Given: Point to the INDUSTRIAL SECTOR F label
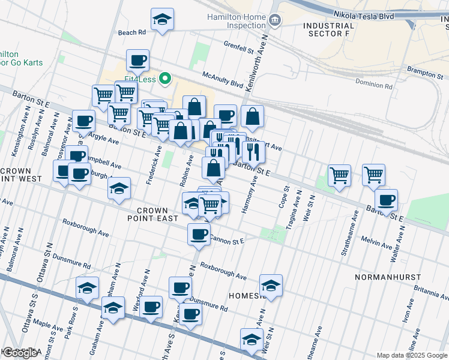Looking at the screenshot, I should (328, 30).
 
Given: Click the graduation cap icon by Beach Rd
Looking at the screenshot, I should (162, 20).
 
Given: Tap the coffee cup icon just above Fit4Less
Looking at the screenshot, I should (138, 61).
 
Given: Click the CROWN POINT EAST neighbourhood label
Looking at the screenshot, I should (157, 214).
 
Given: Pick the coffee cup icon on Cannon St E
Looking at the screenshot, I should (199, 235).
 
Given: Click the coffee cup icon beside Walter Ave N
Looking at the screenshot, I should (387, 200).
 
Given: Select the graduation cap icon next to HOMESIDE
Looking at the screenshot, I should (271, 286).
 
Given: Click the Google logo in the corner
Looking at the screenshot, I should (20, 353).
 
